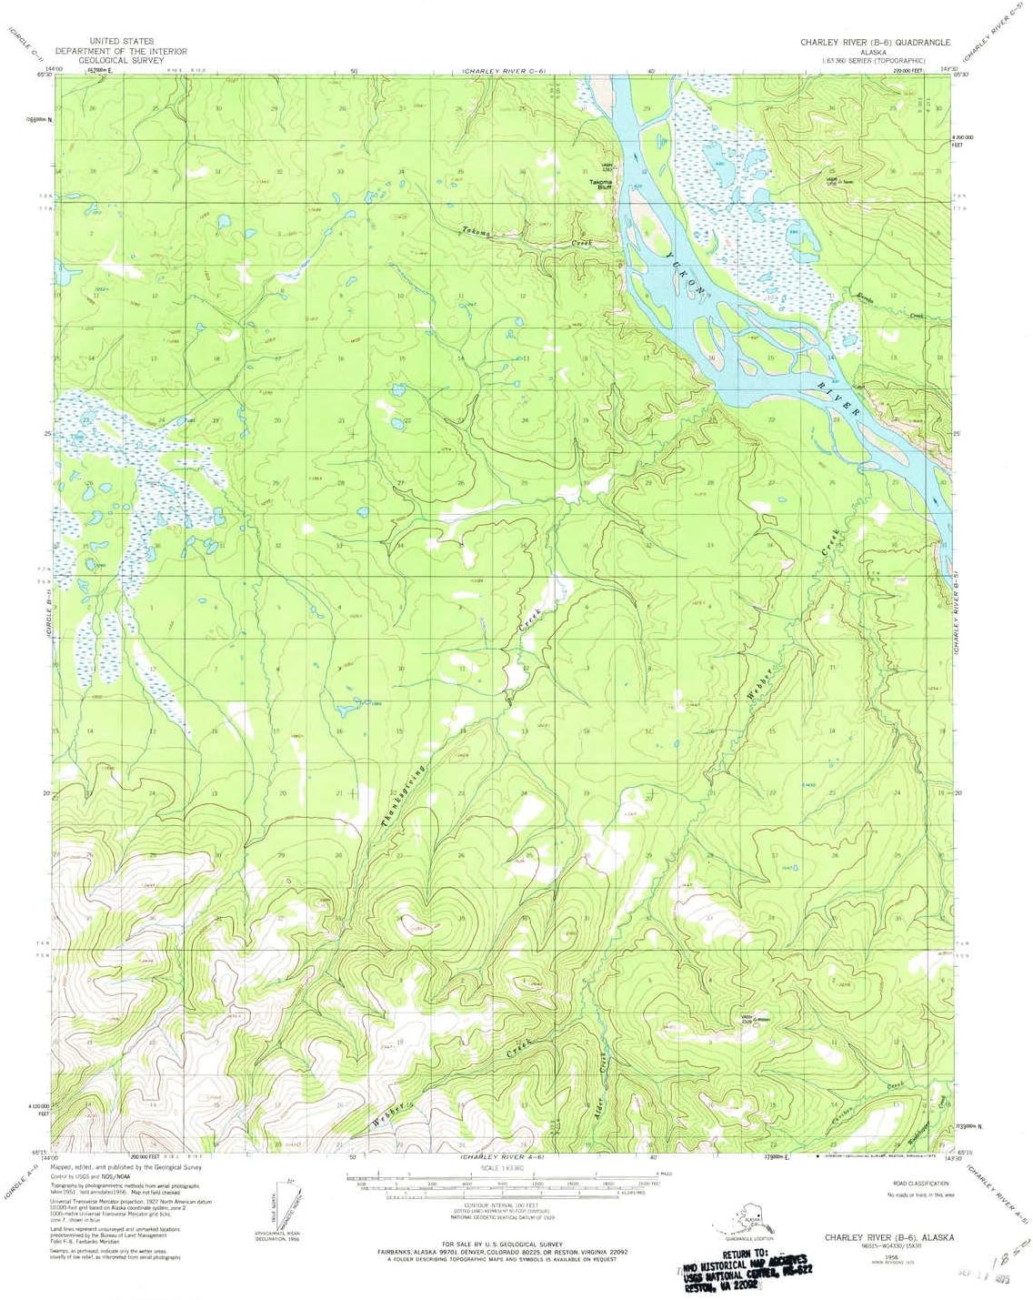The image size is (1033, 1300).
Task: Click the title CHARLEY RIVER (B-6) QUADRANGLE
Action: pyautogui.click(x=875, y=43)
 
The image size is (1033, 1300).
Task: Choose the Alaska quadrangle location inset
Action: pyautogui.click(x=751, y=1218)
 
